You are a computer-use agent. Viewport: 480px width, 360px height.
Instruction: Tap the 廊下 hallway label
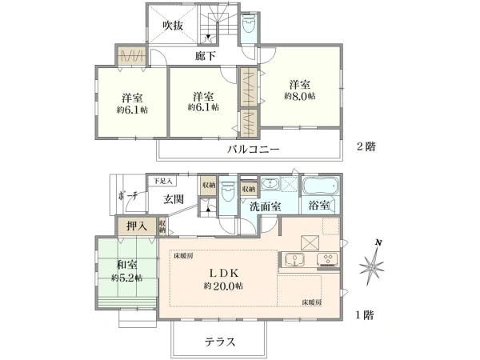tap(206, 56)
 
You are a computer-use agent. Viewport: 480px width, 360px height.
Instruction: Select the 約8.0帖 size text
tap(299, 95)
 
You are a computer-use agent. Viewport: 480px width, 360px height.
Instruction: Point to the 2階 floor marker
tap(367, 146)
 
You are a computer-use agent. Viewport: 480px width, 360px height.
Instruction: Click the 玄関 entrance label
tap(175, 199)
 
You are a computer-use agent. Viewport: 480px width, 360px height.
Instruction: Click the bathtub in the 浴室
tap(321, 188)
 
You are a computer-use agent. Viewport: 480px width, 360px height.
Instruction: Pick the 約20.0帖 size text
tap(224, 286)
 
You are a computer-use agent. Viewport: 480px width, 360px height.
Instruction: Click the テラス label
tap(218, 342)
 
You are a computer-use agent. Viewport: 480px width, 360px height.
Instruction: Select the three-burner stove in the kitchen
tap(327, 259)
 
